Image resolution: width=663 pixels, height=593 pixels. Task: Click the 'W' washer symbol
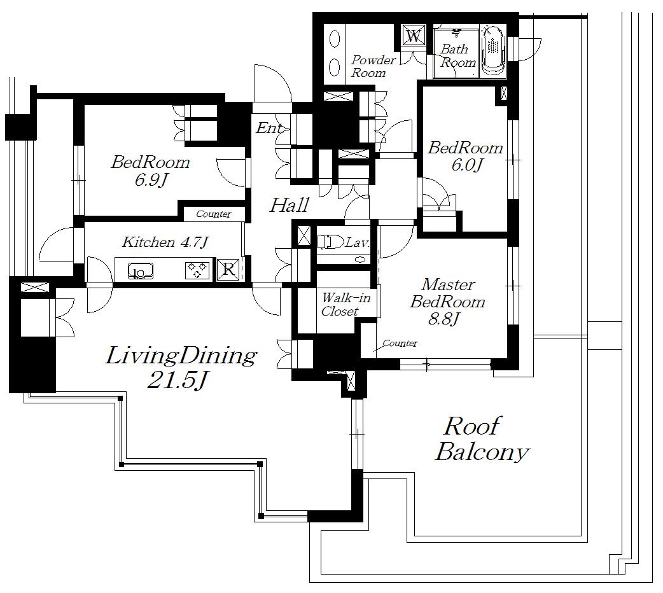[x=414, y=36]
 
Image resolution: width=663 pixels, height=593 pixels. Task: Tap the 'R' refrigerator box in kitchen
[x=229, y=269]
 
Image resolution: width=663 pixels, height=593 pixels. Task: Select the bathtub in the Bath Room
[x=492, y=52]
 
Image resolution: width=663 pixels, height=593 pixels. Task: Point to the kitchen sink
[x=141, y=270]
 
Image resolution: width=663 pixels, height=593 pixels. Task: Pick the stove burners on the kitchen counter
[x=197, y=270]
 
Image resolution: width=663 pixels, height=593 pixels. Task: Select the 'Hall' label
[x=290, y=205]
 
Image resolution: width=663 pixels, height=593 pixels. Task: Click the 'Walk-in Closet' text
[x=345, y=305]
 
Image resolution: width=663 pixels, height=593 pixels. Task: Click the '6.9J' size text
[x=151, y=180]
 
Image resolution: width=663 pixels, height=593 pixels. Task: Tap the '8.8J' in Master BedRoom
[x=443, y=319]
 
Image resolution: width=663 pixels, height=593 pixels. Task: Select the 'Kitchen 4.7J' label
[x=165, y=242]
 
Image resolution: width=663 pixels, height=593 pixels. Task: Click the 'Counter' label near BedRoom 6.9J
[x=214, y=214]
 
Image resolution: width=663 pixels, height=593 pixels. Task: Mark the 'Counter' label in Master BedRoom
[x=400, y=343]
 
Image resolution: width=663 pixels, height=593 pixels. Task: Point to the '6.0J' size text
[x=466, y=165]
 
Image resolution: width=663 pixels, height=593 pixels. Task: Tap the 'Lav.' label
[x=358, y=243]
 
